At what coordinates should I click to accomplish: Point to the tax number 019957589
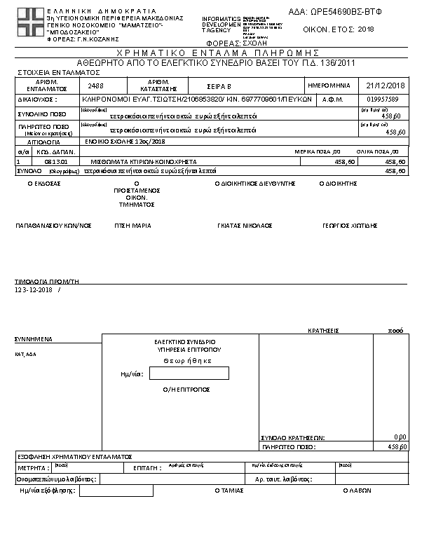[382, 100]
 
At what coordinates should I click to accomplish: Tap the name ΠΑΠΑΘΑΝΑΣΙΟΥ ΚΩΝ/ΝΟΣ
[53, 226]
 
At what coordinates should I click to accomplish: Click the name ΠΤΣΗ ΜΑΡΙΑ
[133, 226]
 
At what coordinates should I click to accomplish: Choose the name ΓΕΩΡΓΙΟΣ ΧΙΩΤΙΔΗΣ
[350, 226]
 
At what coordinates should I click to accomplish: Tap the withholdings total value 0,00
[400, 436]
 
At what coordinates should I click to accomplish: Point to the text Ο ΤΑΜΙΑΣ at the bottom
[229, 491]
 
